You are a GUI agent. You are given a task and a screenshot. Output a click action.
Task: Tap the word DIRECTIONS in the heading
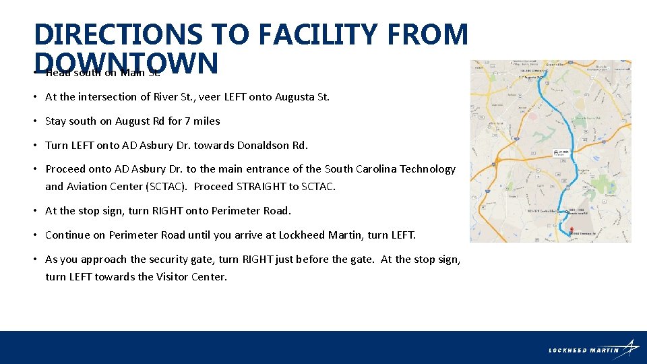pos(117,34)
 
